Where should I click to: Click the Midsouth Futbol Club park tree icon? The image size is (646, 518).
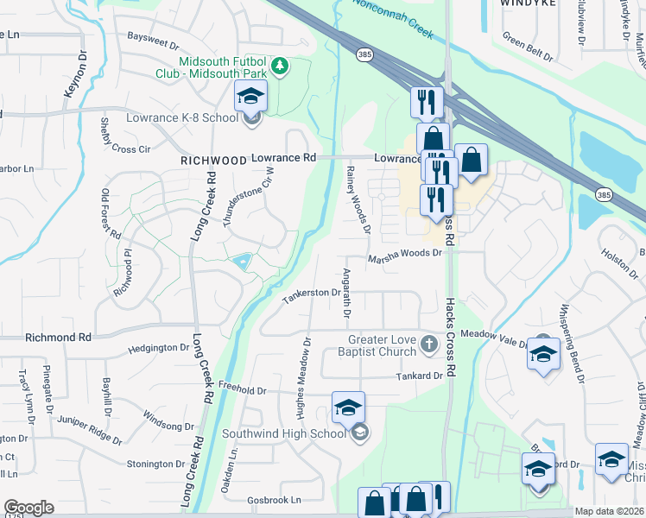pyautogui.click(x=279, y=66)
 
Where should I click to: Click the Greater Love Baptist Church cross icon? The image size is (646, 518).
pyautogui.click(x=429, y=346)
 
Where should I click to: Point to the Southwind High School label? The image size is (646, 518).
pyautogui.click(x=283, y=433)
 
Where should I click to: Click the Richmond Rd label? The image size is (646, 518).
pyautogui.click(x=59, y=338)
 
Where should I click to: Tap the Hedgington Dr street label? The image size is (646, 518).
pyautogui.click(x=158, y=348)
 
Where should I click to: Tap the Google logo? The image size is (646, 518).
pyautogui.click(x=28, y=508)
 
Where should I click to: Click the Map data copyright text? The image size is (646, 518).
pyautogui.click(x=609, y=511)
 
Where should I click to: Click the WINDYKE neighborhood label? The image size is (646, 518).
pyautogui.click(x=525, y=4)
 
